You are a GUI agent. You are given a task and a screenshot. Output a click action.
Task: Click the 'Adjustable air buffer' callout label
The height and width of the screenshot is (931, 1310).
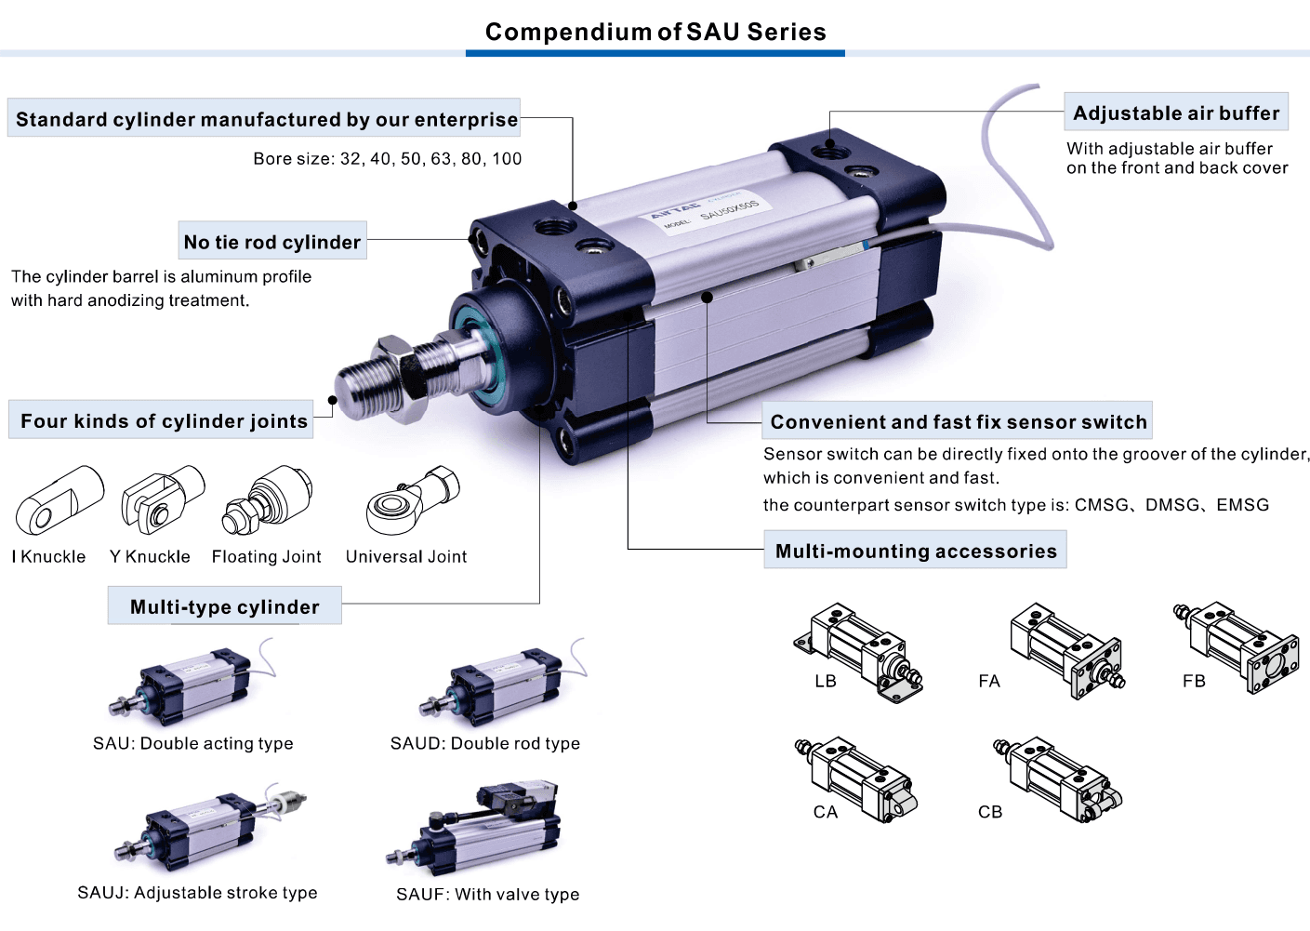(1176, 112)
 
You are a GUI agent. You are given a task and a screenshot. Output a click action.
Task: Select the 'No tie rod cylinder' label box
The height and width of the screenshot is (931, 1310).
(272, 240)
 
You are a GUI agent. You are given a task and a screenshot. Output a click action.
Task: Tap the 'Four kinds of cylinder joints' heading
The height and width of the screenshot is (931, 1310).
(161, 419)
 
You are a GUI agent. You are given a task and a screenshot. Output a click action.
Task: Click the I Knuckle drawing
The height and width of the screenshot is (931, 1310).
(60, 499)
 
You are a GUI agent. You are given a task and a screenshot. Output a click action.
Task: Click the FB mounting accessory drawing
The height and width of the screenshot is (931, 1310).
(1237, 646)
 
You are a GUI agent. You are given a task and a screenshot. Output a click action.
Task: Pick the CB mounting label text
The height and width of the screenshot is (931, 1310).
(990, 812)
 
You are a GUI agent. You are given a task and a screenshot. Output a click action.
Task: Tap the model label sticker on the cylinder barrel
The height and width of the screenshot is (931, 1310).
(710, 212)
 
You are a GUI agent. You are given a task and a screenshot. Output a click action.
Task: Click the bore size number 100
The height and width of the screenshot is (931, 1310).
(507, 159)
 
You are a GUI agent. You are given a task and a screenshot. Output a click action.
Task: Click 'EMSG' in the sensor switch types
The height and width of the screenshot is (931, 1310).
(1243, 504)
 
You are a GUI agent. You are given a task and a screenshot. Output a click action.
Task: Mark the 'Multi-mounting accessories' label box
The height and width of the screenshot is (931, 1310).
(915, 550)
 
